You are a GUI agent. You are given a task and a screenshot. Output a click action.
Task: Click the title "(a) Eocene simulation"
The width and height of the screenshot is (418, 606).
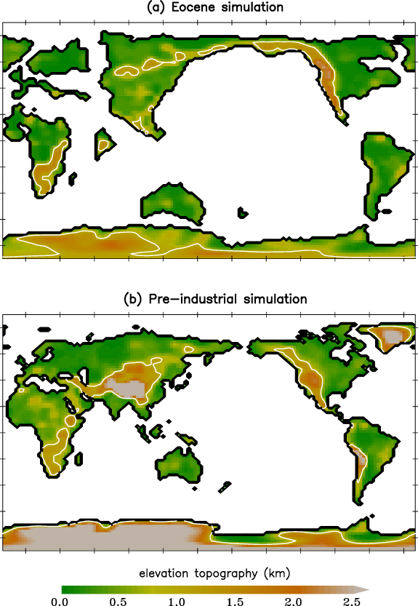click(209, 7)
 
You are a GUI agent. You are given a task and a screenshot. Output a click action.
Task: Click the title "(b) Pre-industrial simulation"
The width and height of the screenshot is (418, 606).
click(209, 299)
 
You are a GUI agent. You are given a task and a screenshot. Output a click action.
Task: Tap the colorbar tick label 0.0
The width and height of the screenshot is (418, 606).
click(62, 600)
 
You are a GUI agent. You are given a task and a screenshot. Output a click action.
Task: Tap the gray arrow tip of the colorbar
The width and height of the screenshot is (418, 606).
click(363, 588)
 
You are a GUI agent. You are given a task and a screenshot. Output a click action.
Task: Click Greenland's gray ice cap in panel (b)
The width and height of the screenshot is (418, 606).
click(392, 336)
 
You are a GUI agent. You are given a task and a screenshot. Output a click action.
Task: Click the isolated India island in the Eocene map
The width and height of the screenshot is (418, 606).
click(105, 143)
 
